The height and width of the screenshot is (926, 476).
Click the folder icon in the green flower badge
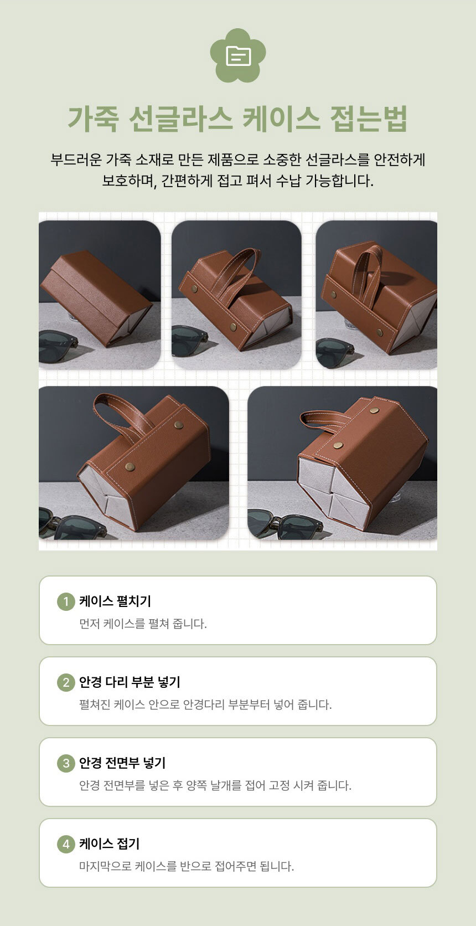point(239,56)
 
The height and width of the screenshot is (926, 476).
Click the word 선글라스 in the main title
point(180,119)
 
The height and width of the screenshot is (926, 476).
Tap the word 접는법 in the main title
point(369,119)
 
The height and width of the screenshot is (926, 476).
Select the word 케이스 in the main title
point(281,119)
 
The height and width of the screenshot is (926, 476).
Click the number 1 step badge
point(66,601)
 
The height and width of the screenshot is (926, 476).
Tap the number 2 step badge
point(66,682)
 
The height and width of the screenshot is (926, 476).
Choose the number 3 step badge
point(66,763)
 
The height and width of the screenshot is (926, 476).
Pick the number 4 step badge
point(66,843)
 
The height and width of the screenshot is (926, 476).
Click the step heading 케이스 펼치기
point(115,601)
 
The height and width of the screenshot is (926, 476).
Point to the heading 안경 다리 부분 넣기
point(130,682)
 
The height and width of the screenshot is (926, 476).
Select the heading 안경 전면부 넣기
point(122,763)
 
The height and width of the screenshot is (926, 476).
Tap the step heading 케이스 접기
point(110,843)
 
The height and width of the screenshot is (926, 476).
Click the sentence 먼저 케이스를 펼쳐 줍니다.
point(143,624)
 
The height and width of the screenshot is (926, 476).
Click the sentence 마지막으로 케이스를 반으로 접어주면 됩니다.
point(187,866)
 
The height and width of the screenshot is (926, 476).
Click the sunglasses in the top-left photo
point(58,347)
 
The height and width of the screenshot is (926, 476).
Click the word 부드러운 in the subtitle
point(76,160)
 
